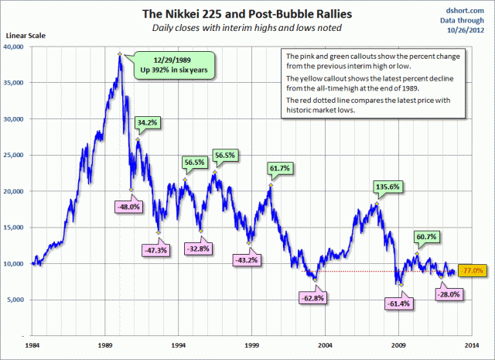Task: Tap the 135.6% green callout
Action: click(x=372, y=187)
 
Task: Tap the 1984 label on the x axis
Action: click(x=33, y=344)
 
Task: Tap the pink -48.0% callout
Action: click(x=128, y=207)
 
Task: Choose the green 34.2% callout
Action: click(x=147, y=122)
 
